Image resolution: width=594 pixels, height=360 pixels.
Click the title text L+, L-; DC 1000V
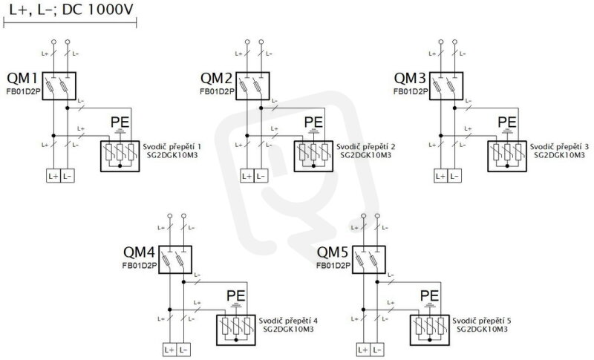(x=71, y=10)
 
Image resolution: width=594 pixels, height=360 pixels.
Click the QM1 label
(x=22, y=79)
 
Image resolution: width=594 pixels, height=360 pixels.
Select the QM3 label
(x=410, y=79)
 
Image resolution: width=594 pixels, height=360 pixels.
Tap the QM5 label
(x=333, y=252)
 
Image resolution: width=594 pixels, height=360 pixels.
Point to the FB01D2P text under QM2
(x=217, y=91)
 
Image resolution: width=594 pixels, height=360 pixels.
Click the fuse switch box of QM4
(x=175, y=259)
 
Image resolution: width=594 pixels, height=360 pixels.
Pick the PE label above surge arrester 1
(x=120, y=122)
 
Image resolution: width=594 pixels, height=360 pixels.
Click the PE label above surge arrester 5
(x=430, y=295)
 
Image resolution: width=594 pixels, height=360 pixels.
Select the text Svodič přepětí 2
(x=365, y=146)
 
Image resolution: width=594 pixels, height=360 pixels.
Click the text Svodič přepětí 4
(x=288, y=321)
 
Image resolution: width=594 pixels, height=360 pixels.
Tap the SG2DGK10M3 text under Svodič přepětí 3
(x=560, y=155)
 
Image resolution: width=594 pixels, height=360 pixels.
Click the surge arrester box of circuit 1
(x=120, y=157)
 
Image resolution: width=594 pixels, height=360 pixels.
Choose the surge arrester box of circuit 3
(x=507, y=157)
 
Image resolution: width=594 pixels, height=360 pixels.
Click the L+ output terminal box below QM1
(x=53, y=176)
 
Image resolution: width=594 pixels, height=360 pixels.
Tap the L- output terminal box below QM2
(x=261, y=176)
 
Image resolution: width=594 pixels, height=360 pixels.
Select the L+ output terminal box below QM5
(x=363, y=350)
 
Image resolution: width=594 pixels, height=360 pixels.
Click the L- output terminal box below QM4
(x=183, y=350)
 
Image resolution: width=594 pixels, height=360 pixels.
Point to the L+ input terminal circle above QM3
(x=441, y=42)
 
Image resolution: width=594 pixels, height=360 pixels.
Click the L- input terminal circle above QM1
(x=68, y=42)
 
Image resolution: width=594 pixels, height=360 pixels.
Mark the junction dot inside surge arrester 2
(x=313, y=166)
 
